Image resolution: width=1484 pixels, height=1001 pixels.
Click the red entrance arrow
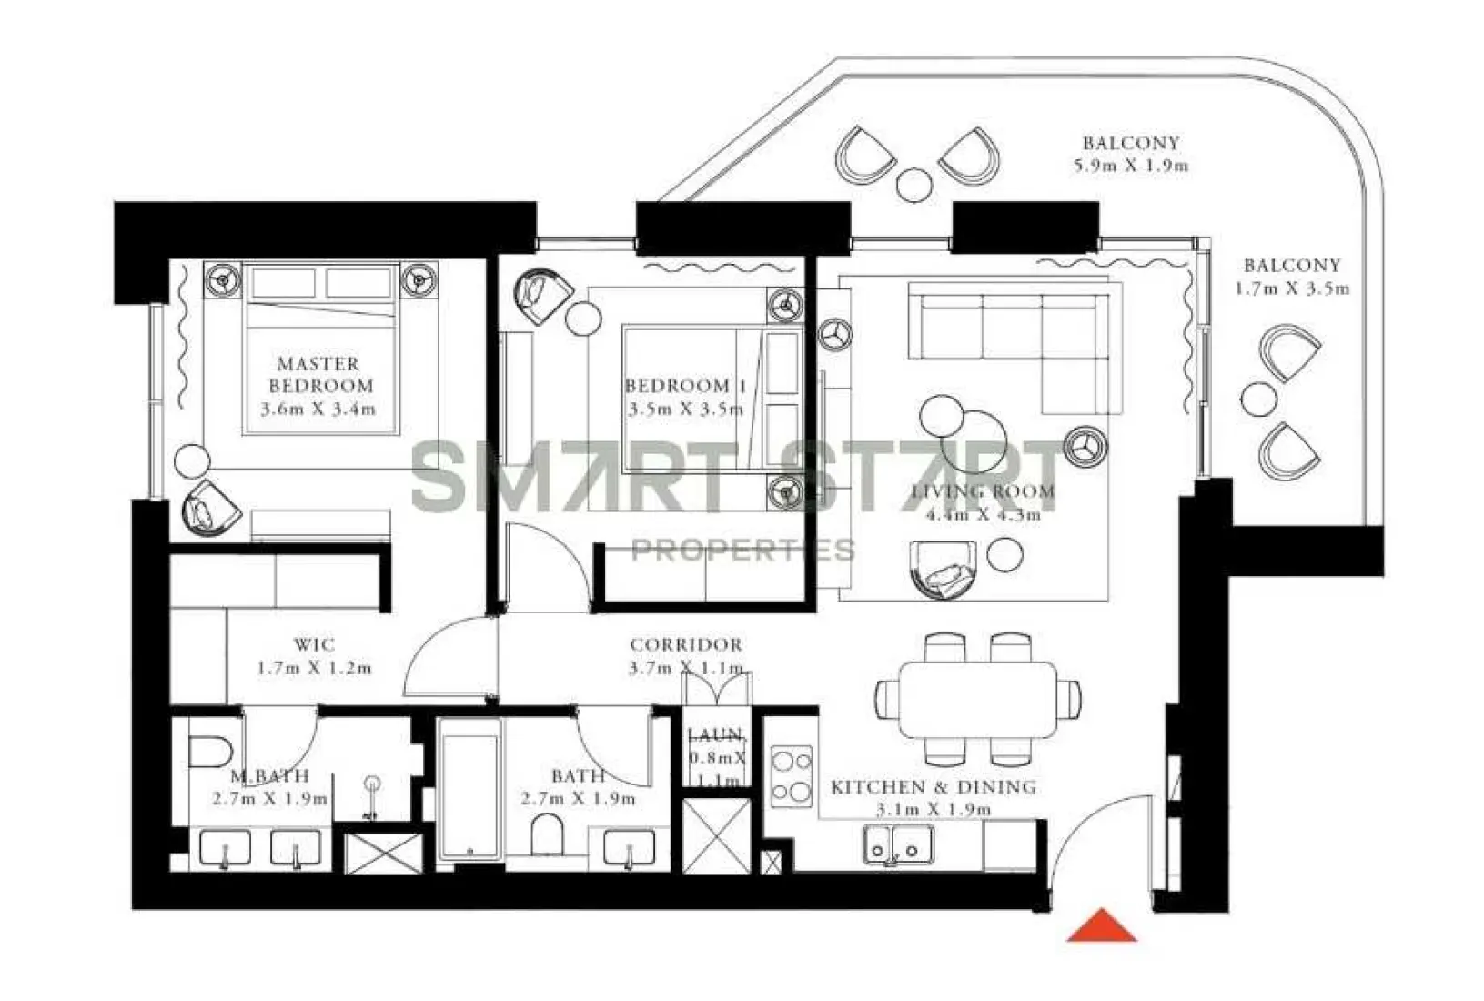click(1102, 926)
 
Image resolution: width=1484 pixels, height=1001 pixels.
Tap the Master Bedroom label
click(319, 374)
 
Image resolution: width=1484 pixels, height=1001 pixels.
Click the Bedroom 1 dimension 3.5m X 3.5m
click(685, 409)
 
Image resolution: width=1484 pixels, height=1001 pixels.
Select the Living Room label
click(983, 492)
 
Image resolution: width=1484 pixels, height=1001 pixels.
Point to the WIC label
click(314, 645)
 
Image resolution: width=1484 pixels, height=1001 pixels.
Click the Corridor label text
click(686, 645)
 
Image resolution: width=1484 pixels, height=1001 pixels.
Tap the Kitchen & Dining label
click(933, 787)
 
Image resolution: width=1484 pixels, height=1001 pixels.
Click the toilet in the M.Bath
click(210, 752)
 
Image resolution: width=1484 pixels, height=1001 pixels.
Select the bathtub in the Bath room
click(469, 789)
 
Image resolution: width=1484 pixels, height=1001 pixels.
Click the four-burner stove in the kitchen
click(791, 776)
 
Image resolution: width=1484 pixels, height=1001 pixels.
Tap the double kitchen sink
click(897, 844)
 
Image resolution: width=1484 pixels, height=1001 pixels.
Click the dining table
click(978, 699)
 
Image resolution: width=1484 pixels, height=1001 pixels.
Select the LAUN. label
click(716, 735)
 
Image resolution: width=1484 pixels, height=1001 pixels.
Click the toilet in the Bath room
click(548, 834)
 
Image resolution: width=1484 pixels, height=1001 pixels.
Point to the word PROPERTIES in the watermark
click(742, 551)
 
